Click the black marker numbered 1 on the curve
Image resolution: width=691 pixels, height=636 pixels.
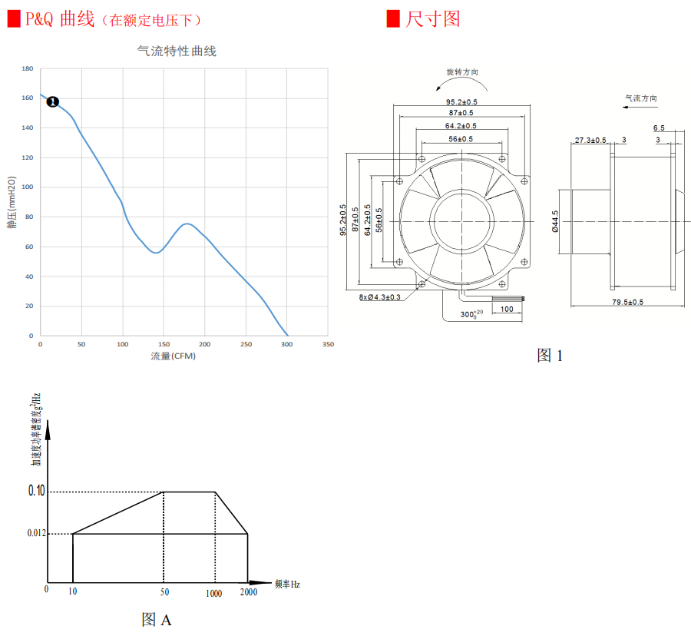(x=53, y=101)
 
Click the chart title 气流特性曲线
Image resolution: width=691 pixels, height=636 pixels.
(x=177, y=51)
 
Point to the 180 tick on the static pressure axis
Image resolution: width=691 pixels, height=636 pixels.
(x=27, y=69)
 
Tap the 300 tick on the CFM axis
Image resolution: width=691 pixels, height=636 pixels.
(x=286, y=344)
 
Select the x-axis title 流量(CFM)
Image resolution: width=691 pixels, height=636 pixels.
(x=174, y=356)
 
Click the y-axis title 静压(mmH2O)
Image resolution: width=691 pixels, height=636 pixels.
(x=12, y=203)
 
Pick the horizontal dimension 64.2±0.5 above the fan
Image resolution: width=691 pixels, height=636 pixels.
(x=461, y=126)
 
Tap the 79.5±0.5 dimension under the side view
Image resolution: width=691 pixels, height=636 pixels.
(x=627, y=302)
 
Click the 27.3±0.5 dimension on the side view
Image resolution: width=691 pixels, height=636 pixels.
(x=590, y=140)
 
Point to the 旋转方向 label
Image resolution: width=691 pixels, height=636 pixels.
(x=462, y=71)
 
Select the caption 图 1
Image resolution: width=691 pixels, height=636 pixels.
(x=550, y=355)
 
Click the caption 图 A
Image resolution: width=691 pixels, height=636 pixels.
(x=157, y=619)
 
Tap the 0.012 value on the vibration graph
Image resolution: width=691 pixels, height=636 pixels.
(x=36, y=533)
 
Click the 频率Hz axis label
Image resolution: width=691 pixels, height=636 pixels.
(x=287, y=584)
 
